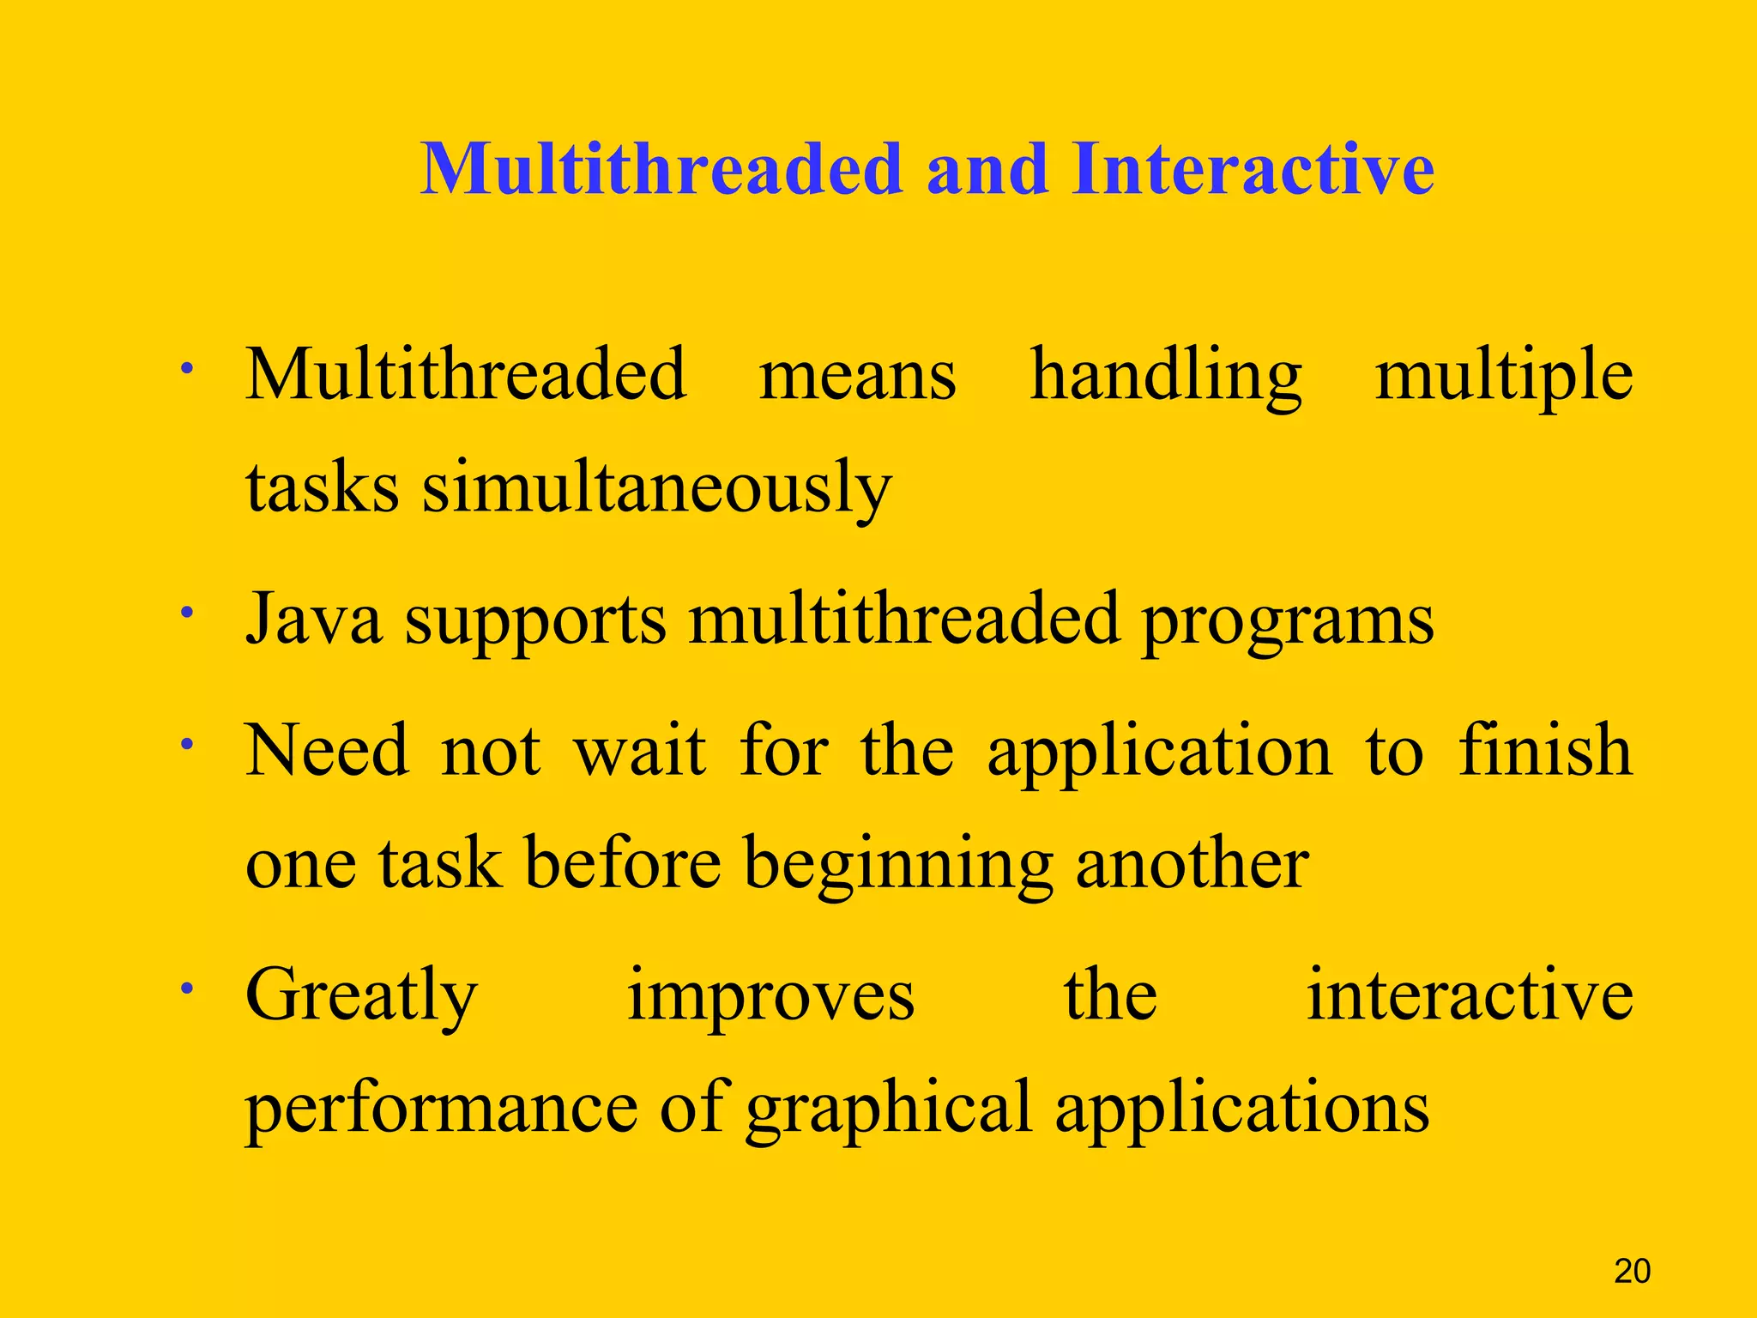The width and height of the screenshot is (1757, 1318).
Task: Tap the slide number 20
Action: coord(1632,1271)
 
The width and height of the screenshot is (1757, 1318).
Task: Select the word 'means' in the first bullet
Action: coord(857,376)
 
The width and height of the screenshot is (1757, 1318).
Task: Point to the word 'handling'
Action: coord(1165,376)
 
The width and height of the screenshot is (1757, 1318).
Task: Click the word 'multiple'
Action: coord(1503,376)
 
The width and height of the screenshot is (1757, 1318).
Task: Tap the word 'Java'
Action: coord(313,620)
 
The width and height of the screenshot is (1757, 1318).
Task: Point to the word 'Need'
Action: coord(327,751)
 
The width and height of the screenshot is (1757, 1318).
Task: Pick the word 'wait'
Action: coord(640,751)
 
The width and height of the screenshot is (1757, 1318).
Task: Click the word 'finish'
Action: coord(1545,751)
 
